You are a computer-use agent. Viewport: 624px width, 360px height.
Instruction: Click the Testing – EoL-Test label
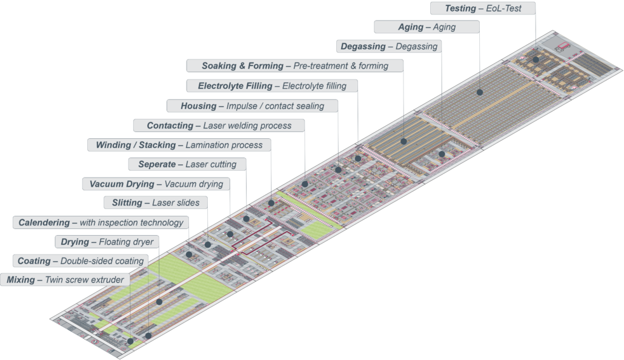click(x=483, y=8)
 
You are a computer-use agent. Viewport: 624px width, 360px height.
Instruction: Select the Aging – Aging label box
click(x=427, y=27)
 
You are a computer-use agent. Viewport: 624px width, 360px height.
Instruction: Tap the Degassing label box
click(x=389, y=47)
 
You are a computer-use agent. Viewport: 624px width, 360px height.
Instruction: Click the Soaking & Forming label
click(x=295, y=65)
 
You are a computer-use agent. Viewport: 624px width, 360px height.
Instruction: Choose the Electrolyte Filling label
click(x=272, y=85)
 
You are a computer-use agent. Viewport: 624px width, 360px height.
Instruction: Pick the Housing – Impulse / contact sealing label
click(x=252, y=106)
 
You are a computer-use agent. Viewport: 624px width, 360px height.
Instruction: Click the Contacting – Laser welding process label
click(x=219, y=125)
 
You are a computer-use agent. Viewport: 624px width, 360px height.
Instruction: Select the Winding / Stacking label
click(x=179, y=145)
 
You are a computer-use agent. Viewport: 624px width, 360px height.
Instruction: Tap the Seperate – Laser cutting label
click(x=187, y=164)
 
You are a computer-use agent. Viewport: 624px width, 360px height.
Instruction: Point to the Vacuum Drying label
click(x=156, y=184)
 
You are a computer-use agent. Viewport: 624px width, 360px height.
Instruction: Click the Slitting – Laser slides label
click(x=156, y=202)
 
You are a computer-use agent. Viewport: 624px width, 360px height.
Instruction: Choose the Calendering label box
click(x=101, y=222)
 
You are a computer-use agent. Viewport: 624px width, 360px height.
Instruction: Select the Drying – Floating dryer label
click(x=107, y=242)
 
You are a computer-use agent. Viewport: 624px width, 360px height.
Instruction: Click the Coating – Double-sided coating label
click(x=81, y=261)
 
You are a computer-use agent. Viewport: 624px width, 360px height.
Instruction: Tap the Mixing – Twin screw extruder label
click(x=65, y=279)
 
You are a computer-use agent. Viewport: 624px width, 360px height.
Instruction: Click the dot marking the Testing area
click(x=536, y=60)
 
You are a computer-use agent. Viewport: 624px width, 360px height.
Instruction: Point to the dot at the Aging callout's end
click(x=480, y=92)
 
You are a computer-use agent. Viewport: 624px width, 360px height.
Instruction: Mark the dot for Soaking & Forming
click(x=403, y=141)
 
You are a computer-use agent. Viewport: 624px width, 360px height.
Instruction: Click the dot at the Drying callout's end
click(x=159, y=302)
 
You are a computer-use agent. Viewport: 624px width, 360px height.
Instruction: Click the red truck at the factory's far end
click(x=563, y=46)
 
